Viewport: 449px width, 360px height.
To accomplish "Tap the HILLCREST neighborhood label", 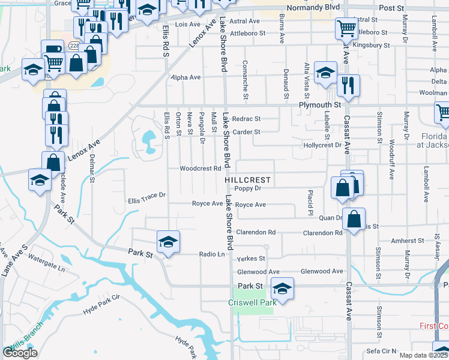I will tap(248, 180).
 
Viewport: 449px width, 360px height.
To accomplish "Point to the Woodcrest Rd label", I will tap(200, 169).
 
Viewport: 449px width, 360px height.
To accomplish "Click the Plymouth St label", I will tap(320, 104).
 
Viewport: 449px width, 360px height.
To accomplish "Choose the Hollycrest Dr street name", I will tap(322, 145).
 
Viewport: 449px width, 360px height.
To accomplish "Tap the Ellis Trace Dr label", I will tap(146, 194).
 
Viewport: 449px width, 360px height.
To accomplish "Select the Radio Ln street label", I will tap(212, 254).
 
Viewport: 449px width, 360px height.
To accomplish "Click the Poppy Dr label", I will tap(249, 188).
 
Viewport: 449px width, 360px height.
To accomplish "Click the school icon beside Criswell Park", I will tap(282, 289).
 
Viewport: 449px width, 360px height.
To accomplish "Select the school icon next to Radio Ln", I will tap(168, 242).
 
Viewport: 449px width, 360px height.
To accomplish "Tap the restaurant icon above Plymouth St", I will tap(348, 86).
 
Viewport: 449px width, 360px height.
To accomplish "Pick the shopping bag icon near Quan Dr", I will tap(355, 220).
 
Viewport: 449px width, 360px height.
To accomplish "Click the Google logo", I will tap(20, 353).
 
